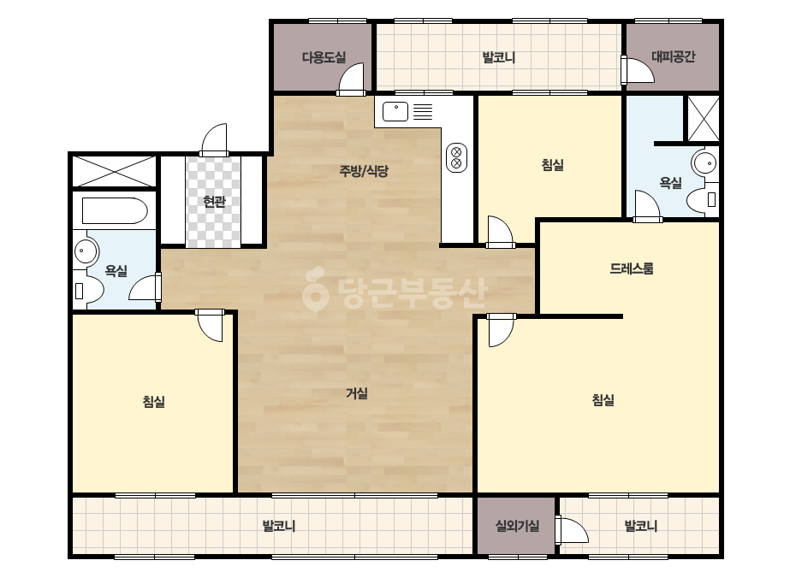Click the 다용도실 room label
pyautogui.click(x=324, y=57)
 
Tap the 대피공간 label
pyautogui.click(x=673, y=56)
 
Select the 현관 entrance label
pyautogui.click(x=214, y=202)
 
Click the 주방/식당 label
pyautogui.click(x=364, y=171)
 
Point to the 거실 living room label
pyautogui.click(x=357, y=393)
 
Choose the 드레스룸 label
pyautogui.click(x=632, y=268)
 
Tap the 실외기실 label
pyautogui.click(x=518, y=526)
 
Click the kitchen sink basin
pyautogui.click(x=395, y=112)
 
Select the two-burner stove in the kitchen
pyautogui.click(x=456, y=157)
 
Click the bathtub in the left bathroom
pyautogui.click(x=115, y=211)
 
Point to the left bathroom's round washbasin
pyautogui.click(x=86, y=251)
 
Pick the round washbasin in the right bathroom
pyautogui.click(x=704, y=163)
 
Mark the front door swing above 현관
pyautogui.click(x=214, y=140)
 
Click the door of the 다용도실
pyautogui.click(x=351, y=80)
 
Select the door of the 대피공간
pyautogui.click(x=638, y=70)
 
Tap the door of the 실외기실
pyautogui.click(x=572, y=529)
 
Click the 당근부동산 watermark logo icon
pyautogui.click(x=316, y=289)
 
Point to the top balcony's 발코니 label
pyautogui.click(x=499, y=57)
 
